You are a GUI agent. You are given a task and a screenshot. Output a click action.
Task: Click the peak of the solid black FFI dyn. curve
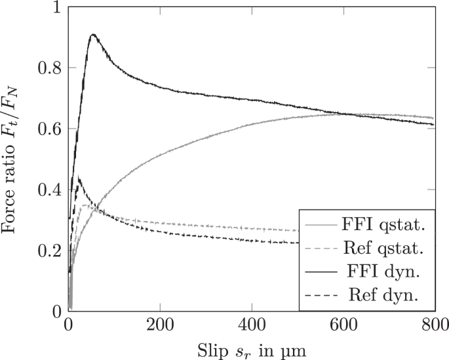[x=93, y=34]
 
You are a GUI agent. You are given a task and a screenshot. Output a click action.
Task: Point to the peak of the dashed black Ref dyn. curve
[x=79, y=177]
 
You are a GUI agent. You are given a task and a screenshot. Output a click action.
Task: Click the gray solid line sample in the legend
[x=321, y=226]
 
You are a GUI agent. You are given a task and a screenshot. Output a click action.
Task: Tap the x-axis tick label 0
[x=68, y=324]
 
